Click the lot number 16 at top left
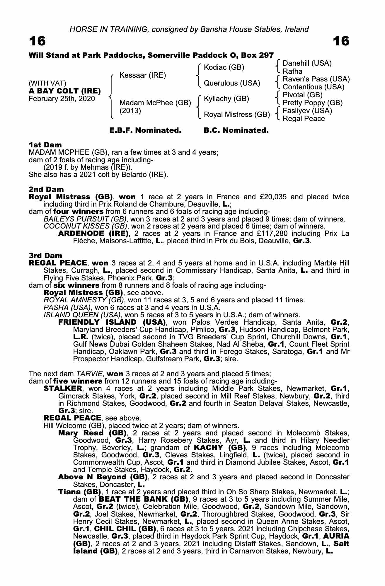[x=37, y=41]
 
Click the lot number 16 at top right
[x=341, y=41]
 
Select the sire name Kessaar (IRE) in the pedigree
[x=143, y=75]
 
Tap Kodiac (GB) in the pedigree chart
[x=224, y=67]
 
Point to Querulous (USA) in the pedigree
[x=232, y=83]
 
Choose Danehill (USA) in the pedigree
[x=307, y=63]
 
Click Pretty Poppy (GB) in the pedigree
[x=312, y=103]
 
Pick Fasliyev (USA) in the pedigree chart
[x=307, y=111]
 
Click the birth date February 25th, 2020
[x=62, y=99]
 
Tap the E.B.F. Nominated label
[x=145, y=130]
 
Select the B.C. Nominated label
[x=236, y=130]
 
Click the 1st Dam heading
[x=45, y=145]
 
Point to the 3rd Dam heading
[x=45, y=256]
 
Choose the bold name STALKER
[x=63, y=389]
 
